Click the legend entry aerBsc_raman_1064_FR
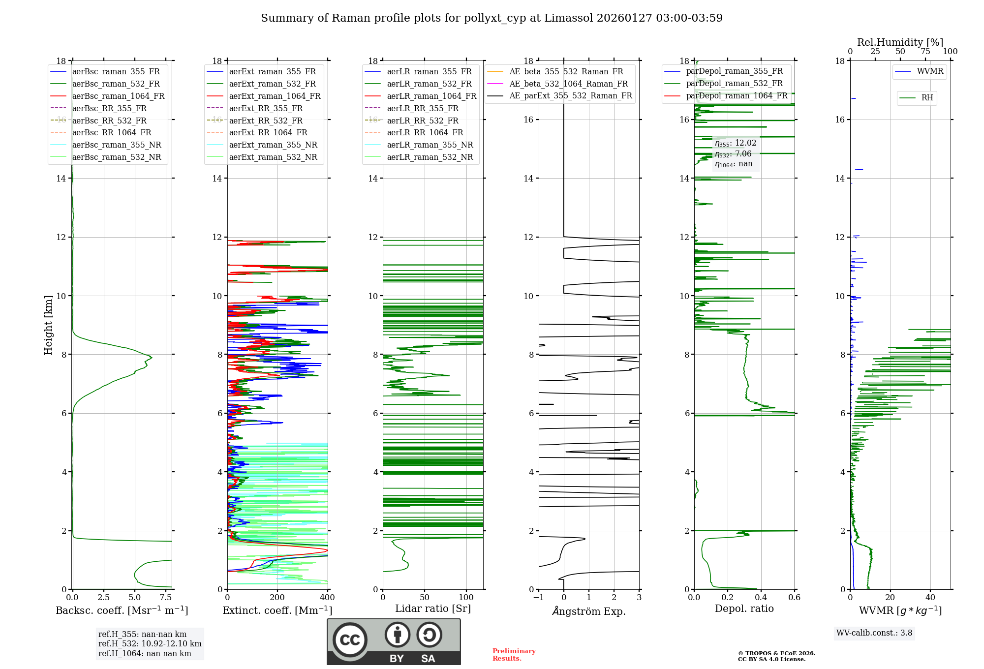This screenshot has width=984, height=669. pyautogui.click(x=118, y=96)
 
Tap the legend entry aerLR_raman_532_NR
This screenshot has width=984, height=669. pyautogui.click(x=430, y=157)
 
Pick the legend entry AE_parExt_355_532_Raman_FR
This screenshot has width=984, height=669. pyautogui.click(x=570, y=96)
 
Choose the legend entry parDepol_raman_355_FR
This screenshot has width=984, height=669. pyautogui.click(x=734, y=71)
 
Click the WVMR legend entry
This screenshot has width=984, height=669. pyautogui.click(x=929, y=71)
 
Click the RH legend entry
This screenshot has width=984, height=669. pyautogui.click(x=927, y=98)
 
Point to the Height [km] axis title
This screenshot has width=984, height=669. pyautogui.click(x=48, y=325)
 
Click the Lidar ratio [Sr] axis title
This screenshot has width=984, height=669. pyautogui.click(x=433, y=608)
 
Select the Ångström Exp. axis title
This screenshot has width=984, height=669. pyautogui.click(x=589, y=611)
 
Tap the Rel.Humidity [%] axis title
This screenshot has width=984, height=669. pyautogui.click(x=900, y=42)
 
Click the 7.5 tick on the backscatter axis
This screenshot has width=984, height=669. pyautogui.click(x=166, y=598)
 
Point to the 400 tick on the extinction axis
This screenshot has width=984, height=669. pyautogui.click(x=328, y=598)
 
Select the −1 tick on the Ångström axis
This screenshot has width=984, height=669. pyautogui.click(x=539, y=598)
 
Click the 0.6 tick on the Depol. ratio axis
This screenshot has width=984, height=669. pyautogui.click(x=795, y=598)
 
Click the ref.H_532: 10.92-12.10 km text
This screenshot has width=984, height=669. pyautogui.click(x=150, y=644)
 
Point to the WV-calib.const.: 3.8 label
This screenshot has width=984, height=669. pyautogui.click(x=874, y=633)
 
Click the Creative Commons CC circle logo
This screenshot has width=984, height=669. pyautogui.click(x=350, y=640)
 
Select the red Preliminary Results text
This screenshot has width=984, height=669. pyautogui.click(x=514, y=655)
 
